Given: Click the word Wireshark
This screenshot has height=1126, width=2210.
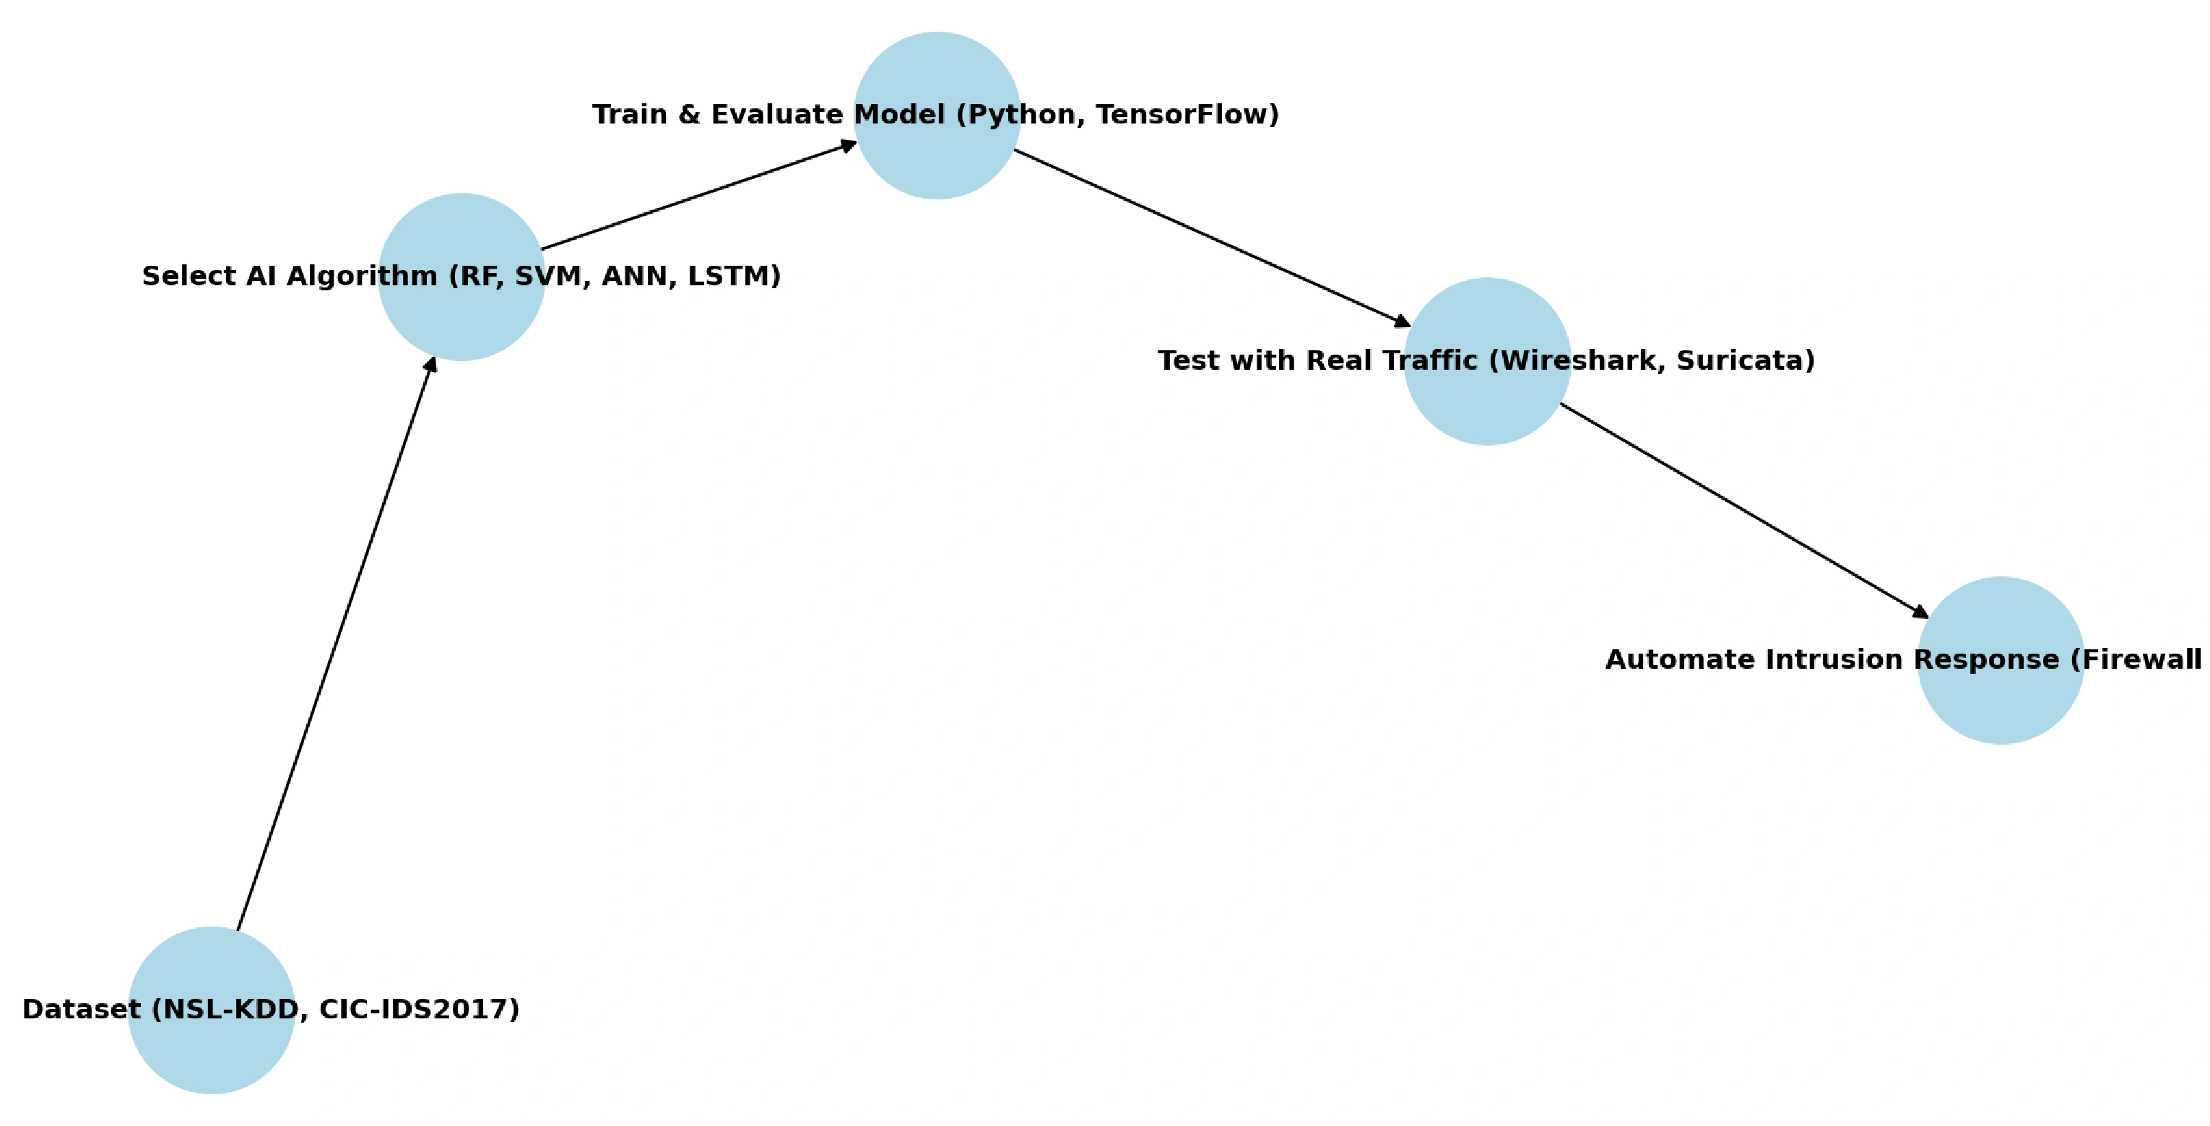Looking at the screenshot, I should tap(1579, 360).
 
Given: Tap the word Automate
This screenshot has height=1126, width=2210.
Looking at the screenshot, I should tap(1671, 660).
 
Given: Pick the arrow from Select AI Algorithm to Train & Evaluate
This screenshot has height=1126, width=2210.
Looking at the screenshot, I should tap(699, 196).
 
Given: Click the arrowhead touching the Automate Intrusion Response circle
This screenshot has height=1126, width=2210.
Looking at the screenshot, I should tap(1919, 611).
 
